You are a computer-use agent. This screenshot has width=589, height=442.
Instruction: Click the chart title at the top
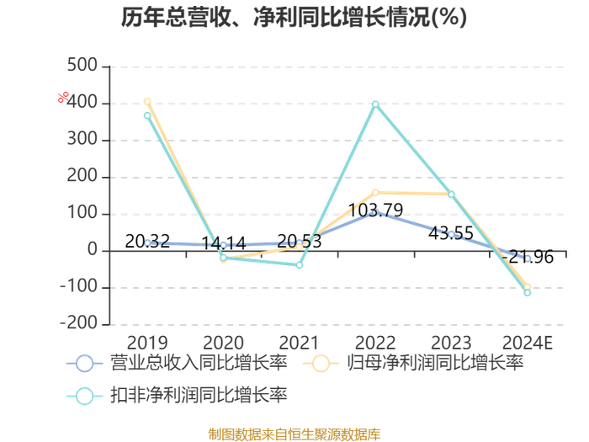(x=294, y=17)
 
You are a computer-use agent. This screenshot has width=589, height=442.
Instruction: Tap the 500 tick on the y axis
(x=82, y=66)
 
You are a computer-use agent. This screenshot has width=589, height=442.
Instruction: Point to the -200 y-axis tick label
(x=79, y=323)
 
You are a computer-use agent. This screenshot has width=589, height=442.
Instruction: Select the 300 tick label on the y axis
(x=82, y=140)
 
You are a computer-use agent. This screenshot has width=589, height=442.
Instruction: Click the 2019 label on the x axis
(x=147, y=343)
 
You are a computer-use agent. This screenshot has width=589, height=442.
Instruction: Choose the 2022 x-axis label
(x=375, y=343)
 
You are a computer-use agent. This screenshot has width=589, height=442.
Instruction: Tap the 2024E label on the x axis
(x=528, y=343)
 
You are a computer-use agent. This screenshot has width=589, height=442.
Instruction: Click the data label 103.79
(x=375, y=210)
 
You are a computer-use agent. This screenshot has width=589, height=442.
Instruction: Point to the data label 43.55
(x=451, y=233)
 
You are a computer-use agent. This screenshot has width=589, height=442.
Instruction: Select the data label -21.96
(x=528, y=257)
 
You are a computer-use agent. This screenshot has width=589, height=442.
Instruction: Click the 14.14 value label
(x=224, y=243)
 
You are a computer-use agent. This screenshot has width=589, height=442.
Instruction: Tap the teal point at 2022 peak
(x=375, y=104)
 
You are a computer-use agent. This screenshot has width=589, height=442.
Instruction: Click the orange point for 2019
(x=147, y=102)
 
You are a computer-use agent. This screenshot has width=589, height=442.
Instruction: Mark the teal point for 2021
(x=300, y=265)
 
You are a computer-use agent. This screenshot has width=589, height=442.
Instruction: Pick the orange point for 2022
(x=375, y=193)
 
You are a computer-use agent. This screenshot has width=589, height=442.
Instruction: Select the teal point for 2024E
(x=528, y=292)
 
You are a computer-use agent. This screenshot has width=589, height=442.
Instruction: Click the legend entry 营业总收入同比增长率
(x=177, y=363)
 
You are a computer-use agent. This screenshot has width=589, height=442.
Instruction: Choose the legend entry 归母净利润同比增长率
(x=413, y=363)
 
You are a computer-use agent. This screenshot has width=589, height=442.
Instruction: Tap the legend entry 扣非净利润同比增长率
(x=177, y=396)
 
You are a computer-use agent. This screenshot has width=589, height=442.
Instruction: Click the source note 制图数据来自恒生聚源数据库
(x=294, y=434)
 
